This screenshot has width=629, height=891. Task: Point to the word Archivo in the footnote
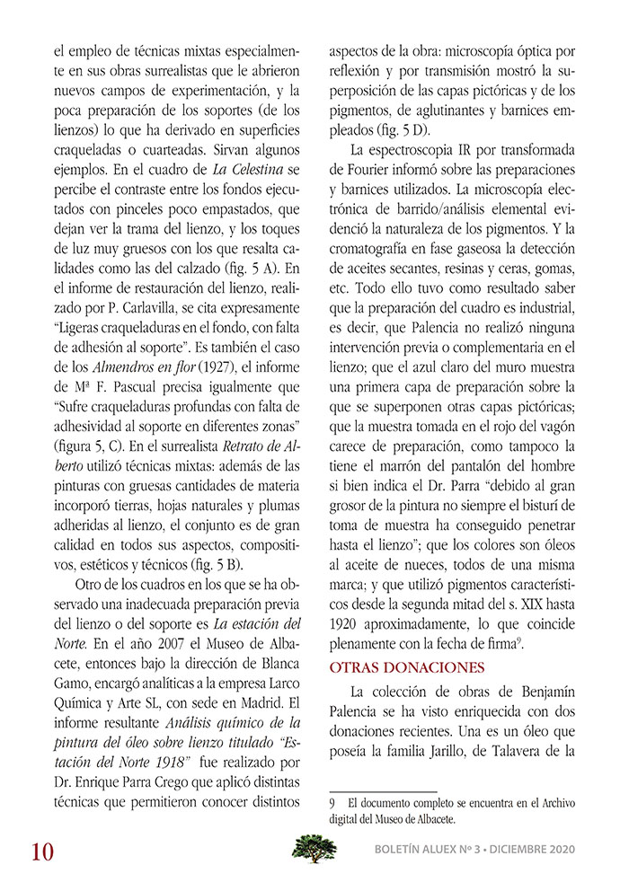(553, 802)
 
